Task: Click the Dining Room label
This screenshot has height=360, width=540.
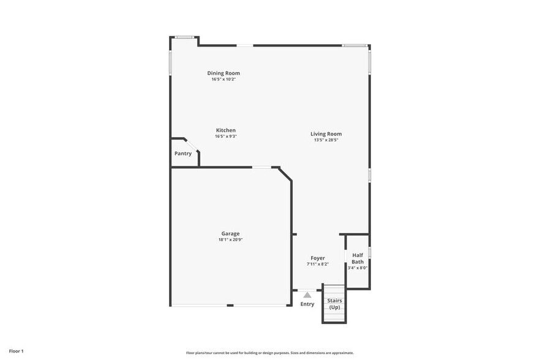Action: coord(223,73)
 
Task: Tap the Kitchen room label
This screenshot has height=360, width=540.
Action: coord(225,130)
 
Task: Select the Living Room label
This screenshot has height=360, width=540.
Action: coord(326,133)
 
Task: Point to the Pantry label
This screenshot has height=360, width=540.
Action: coord(183,153)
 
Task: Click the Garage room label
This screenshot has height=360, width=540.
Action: coord(230,233)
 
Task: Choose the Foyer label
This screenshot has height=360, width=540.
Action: coord(318,258)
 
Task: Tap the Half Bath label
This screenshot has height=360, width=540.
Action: coord(358,258)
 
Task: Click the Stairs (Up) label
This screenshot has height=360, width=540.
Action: coord(334,304)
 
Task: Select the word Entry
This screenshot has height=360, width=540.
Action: coord(307,304)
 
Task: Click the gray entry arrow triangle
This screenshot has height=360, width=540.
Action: coord(307,295)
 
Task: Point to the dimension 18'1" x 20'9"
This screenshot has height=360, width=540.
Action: coord(230,239)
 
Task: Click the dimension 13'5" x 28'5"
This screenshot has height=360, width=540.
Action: coord(326,140)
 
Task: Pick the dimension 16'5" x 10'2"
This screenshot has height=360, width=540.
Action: coord(223,79)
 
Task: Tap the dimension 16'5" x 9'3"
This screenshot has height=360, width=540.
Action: coord(225,136)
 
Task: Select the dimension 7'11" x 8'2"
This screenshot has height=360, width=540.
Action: coord(318,264)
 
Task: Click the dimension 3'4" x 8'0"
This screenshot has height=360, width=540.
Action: coord(358,268)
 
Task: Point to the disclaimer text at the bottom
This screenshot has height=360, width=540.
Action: coord(270,353)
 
